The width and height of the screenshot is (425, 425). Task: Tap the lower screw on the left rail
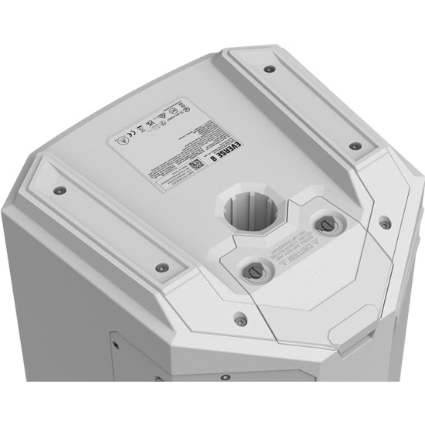click(x=161, y=267)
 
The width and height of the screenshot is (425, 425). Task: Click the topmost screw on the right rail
click(x=269, y=68)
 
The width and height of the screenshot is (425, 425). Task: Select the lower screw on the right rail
click(x=355, y=145)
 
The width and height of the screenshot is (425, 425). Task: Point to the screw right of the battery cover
click(x=385, y=225)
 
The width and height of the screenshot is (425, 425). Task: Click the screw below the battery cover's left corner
click(x=240, y=318)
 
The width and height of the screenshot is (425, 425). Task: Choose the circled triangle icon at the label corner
click(x=119, y=144)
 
